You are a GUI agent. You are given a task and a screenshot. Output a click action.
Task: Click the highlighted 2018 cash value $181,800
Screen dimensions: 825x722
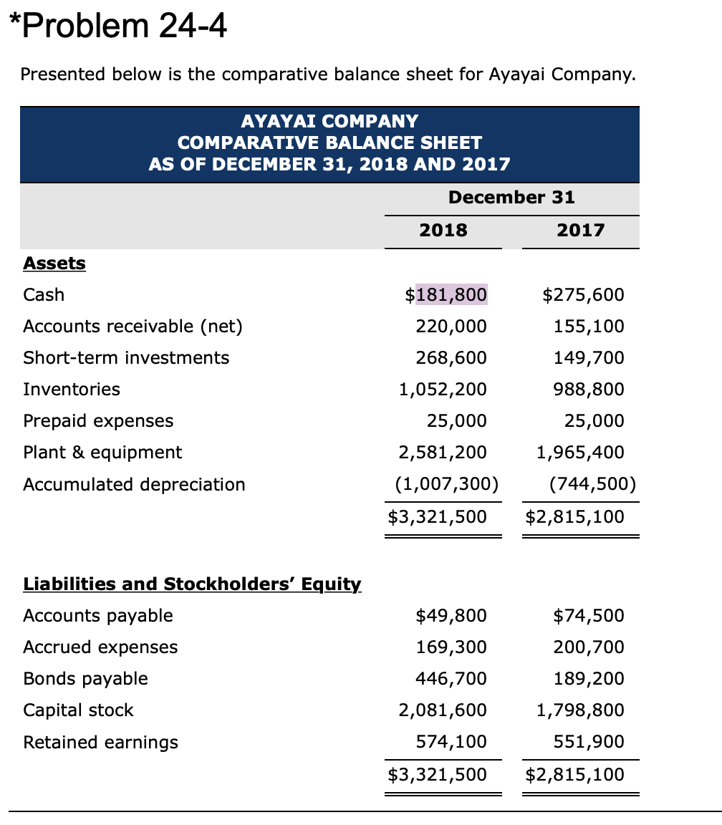tap(446, 294)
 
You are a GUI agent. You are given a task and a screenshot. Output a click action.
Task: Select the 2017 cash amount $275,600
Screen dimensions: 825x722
tap(583, 294)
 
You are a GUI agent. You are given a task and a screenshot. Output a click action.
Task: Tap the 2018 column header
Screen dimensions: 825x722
tap(443, 230)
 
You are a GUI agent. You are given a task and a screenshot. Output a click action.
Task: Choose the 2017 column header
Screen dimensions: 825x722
tap(580, 230)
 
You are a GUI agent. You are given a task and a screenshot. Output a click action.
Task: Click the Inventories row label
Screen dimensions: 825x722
tap(72, 389)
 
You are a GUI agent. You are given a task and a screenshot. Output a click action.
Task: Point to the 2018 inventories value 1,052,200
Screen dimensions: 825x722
tap(443, 389)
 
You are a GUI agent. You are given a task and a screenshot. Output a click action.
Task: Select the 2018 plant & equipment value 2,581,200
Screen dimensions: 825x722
tap(443, 452)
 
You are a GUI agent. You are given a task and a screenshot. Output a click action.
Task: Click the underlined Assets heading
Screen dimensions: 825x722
tap(54, 264)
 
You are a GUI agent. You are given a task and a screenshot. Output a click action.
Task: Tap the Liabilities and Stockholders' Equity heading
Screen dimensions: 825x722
tap(192, 584)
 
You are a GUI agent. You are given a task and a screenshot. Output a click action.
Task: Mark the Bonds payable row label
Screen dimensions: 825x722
tap(85, 678)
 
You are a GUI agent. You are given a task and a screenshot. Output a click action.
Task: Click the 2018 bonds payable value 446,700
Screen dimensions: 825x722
tap(451, 678)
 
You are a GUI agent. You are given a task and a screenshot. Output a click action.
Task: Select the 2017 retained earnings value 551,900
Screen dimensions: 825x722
tap(589, 741)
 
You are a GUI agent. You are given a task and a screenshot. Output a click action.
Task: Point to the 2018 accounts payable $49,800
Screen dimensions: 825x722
tap(451, 615)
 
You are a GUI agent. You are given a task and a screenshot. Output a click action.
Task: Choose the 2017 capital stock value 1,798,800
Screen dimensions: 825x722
tap(580, 710)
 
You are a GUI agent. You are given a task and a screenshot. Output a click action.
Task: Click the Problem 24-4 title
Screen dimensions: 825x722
tap(118, 28)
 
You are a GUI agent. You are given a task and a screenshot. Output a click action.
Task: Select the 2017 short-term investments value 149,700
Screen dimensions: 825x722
tap(589, 357)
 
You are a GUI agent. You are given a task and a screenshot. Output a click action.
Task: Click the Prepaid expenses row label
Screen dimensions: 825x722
tap(98, 420)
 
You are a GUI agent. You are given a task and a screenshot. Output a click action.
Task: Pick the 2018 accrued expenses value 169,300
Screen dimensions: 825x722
tap(451, 647)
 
